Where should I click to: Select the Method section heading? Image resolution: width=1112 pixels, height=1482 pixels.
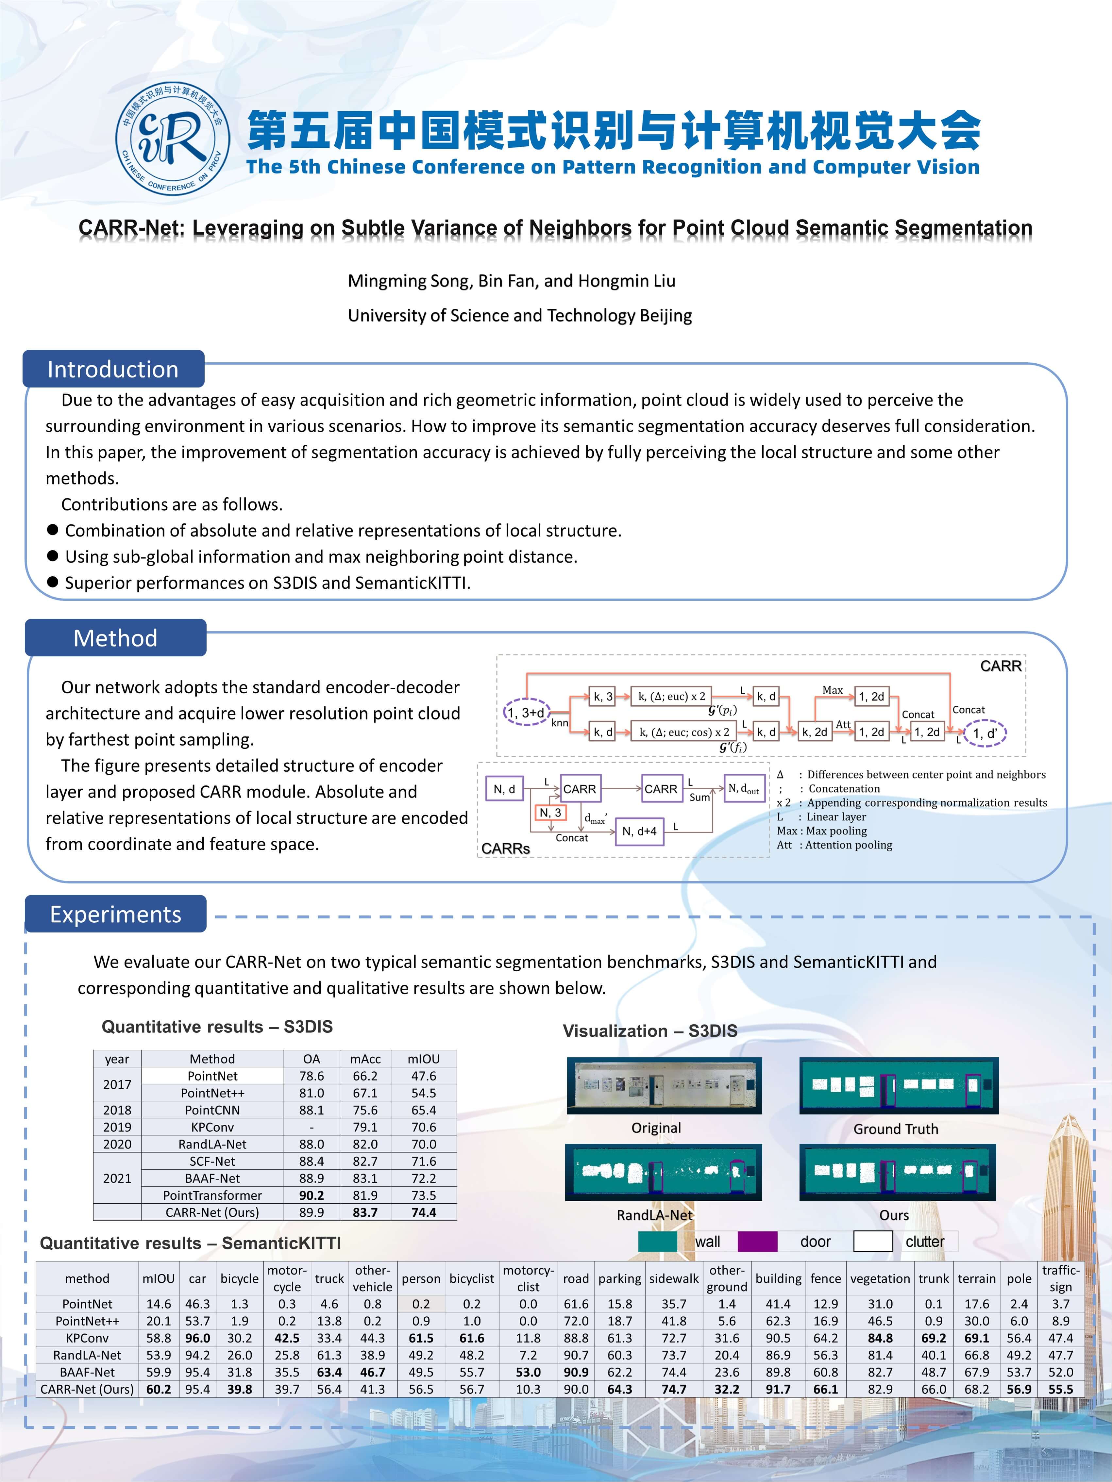[x=115, y=638]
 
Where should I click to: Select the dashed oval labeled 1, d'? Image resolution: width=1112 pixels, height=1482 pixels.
[x=984, y=733]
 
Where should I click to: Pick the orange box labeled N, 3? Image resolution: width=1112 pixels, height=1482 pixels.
[x=550, y=813]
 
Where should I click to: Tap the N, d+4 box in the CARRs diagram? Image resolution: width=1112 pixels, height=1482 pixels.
[x=639, y=832]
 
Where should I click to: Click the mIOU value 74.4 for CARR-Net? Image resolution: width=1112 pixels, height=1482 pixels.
[x=424, y=1212]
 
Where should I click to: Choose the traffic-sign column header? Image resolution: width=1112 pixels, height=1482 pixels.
[x=1060, y=1278]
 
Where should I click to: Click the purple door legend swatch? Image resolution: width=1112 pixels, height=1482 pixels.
[x=757, y=1242]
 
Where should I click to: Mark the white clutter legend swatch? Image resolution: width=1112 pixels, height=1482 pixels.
[x=873, y=1242]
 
